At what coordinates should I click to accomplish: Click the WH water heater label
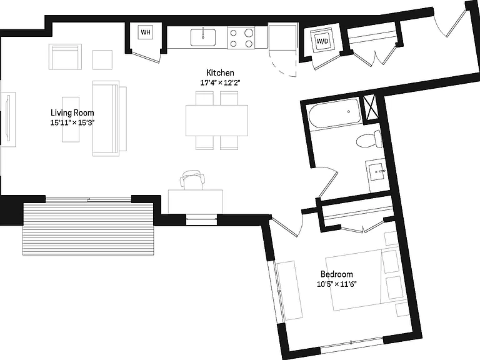(146, 32)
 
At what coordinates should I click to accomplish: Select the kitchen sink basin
(203, 37)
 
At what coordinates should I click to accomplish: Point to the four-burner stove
(241, 37)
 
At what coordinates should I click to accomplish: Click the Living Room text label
(72, 112)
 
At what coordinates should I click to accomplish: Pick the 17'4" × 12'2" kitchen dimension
(221, 82)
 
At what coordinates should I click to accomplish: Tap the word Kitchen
(221, 73)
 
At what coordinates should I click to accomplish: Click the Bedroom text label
(337, 274)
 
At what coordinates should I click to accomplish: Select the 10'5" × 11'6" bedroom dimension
(337, 284)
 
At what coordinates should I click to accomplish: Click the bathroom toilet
(369, 139)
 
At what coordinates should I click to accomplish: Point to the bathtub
(335, 113)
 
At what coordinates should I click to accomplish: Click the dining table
(217, 120)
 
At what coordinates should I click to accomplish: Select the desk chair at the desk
(192, 180)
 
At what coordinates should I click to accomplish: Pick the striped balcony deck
(88, 228)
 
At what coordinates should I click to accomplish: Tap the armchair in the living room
(65, 57)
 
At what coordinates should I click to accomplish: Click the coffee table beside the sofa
(71, 119)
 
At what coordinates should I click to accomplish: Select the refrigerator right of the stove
(282, 37)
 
